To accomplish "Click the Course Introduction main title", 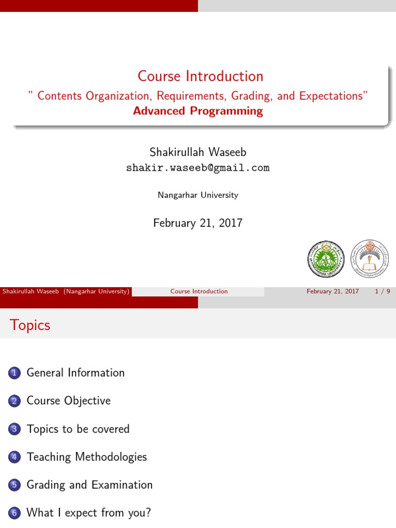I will tap(200, 76).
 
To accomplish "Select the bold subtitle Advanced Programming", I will tap(198, 111).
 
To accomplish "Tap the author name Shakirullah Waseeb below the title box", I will tap(198, 152).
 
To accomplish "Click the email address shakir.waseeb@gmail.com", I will tap(198, 168).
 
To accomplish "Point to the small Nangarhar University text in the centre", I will tap(198, 195).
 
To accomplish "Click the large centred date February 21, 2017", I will tap(198, 223).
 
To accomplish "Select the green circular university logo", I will tap(325, 258).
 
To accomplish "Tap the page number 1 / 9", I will tap(383, 291).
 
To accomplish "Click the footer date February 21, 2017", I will tap(333, 291).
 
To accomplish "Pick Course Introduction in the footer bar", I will tap(199, 291).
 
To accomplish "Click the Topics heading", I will tap(30, 325).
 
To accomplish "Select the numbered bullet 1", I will tap(14, 373).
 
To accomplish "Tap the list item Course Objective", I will tap(69, 401).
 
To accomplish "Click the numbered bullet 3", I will tap(14, 429).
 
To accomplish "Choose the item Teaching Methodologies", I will tap(87, 457).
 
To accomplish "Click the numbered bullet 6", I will tap(14, 513).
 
